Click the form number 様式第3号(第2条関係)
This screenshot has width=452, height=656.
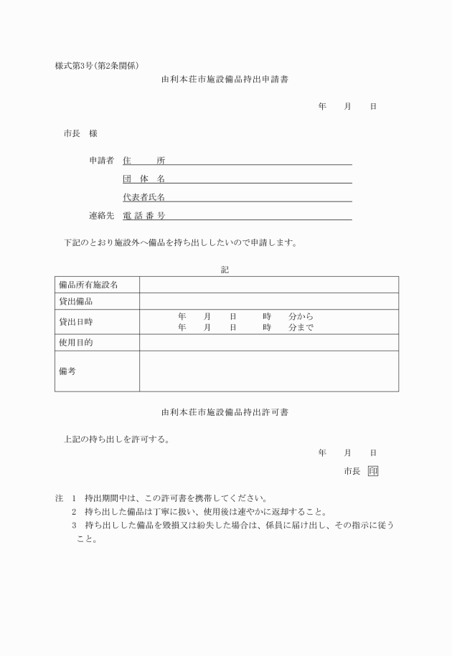pyautogui.click(x=97, y=66)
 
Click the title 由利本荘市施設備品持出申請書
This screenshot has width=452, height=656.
pyautogui.click(x=225, y=79)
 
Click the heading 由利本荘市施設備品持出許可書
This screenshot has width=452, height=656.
pyautogui.click(x=225, y=412)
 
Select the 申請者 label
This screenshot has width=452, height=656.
pyautogui.click(x=101, y=161)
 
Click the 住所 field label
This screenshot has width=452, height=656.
pyautogui.click(x=143, y=161)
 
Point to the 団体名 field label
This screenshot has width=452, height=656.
pyautogui.click(x=143, y=179)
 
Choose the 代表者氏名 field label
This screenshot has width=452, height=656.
pyautogui.click(x=143, y=197)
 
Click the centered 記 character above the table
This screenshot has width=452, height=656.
pyautogui.click(x=225, y=270)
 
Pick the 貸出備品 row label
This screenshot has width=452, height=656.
pyautogui.click(x=76, y=302)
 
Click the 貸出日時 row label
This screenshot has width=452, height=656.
pyautogui.click(x=76, y=323)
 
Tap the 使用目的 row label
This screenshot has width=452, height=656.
pyautogui.click(x=76, y=343)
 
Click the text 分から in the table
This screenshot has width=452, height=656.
pyautogui.click(x=301, y=316)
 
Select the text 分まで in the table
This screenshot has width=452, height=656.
pyautogui.click(x=301, y=328)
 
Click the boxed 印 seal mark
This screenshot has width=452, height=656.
pyautogui.click(x=372, y=471)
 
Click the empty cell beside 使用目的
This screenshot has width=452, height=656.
pyautogui.click(x=268, y=343)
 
